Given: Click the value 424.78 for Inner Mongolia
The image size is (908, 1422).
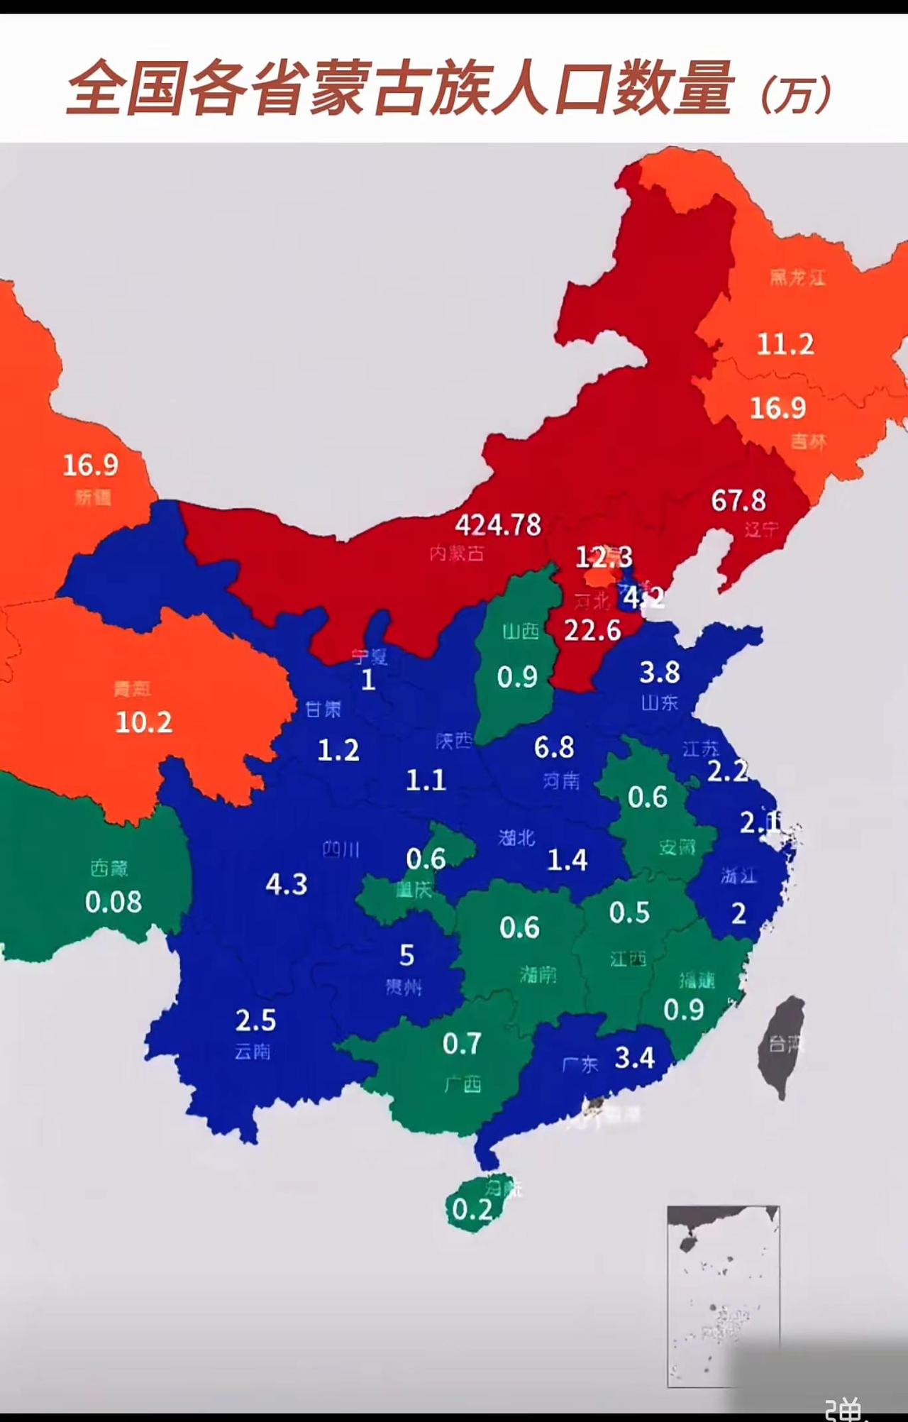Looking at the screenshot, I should tap(498, 525).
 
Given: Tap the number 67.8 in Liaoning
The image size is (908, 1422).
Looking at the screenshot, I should tap(738, 501).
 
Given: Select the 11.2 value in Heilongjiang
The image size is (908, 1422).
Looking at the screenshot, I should tap(785, 345).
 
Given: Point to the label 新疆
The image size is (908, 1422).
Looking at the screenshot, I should tap(93, 497).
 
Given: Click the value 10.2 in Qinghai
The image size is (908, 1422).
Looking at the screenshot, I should tap(143, 722).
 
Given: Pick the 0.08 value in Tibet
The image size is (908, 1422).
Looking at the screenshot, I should tap(113, 903).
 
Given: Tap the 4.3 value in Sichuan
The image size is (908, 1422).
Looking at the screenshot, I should tap(287, 885).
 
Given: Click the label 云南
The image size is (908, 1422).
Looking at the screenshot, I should tap(253, 1052).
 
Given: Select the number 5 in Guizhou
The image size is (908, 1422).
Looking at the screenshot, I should tap(406, 956).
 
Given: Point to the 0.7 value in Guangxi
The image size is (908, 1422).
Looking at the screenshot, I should tap(462, 1044).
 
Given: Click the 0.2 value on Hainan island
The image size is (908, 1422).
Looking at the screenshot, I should tap(472, 1210).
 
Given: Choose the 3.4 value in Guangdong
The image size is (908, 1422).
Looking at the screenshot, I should tap(634, 1058).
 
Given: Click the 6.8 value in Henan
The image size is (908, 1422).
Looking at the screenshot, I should tap(554, 747).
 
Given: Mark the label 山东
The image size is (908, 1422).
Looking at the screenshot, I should tap(660, 703).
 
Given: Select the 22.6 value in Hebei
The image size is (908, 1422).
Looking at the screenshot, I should tap(592, 630).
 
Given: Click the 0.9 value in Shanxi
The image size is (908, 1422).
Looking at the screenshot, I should tap(517, 678).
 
